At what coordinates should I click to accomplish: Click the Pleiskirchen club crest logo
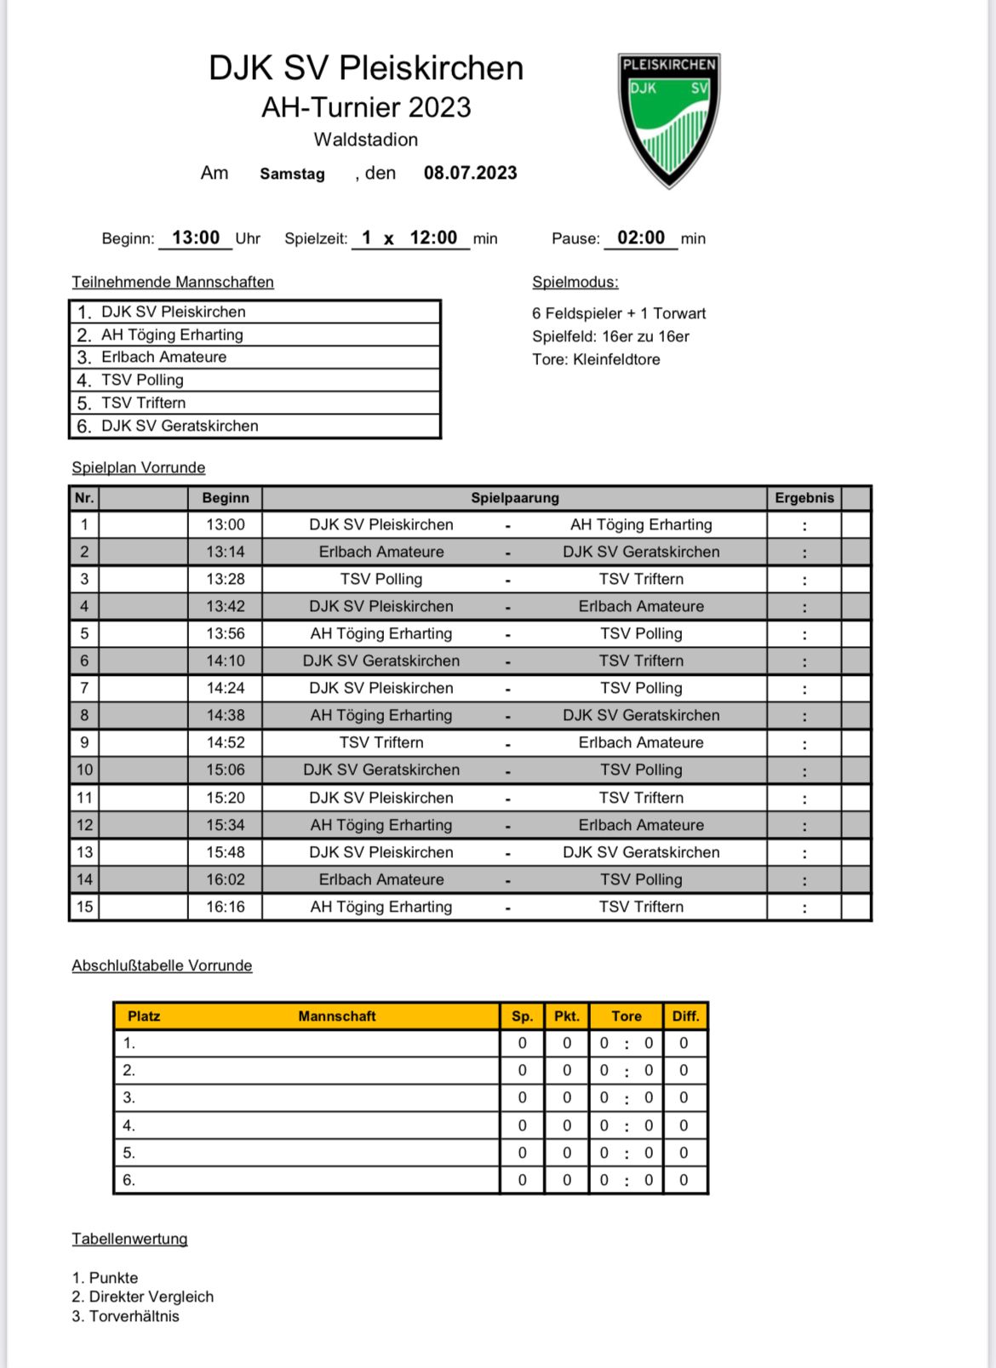tap(669, 118)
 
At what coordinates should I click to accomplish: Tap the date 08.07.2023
tap(470, 173)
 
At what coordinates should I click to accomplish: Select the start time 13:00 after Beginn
tap(196, 238)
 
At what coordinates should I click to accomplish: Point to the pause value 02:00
tap(640, 238)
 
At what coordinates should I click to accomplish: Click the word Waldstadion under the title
tap(365, 140)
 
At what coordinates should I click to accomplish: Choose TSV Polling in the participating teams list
tap(142, 380)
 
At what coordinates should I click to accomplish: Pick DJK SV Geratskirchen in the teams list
tap(180, 426)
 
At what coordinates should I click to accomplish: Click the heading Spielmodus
tap(575, 282)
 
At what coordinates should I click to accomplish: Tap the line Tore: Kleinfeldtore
tap(596, 359)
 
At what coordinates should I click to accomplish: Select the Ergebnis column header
tap(804, 498)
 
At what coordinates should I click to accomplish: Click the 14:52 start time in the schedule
tap(225, 742)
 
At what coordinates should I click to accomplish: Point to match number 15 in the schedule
tap(84, 907)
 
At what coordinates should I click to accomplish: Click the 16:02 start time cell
tap(225, 879)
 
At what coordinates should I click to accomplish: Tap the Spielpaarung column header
tap(514, 498)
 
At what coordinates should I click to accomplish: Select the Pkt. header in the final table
tap(566, 1016)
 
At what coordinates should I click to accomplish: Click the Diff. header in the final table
tap(684, 1016)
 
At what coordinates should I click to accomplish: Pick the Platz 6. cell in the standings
tap(129, 1180)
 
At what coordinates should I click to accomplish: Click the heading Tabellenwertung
tap(129, 1239)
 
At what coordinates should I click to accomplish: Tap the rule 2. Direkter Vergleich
tap(142, 1296)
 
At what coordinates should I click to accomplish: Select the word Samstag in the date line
tap(292, 174)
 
